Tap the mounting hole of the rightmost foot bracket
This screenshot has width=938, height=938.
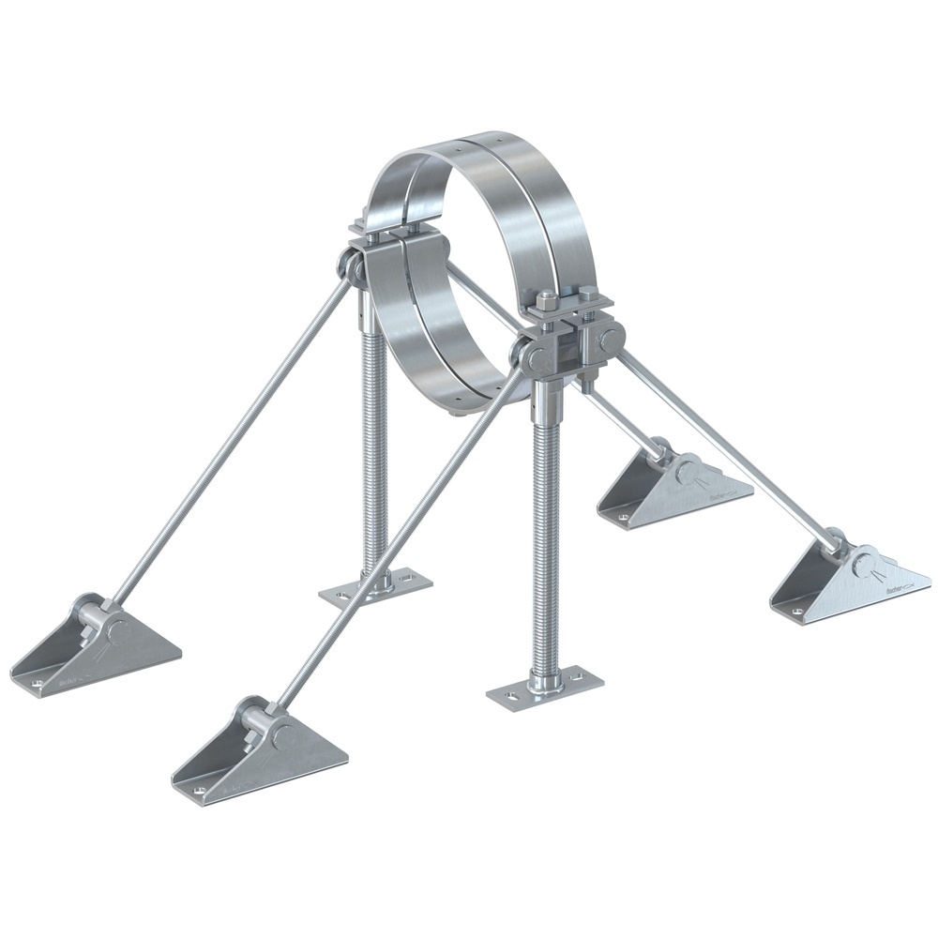coord(797,611)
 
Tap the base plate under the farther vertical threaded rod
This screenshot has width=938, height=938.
coord(375,589)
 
